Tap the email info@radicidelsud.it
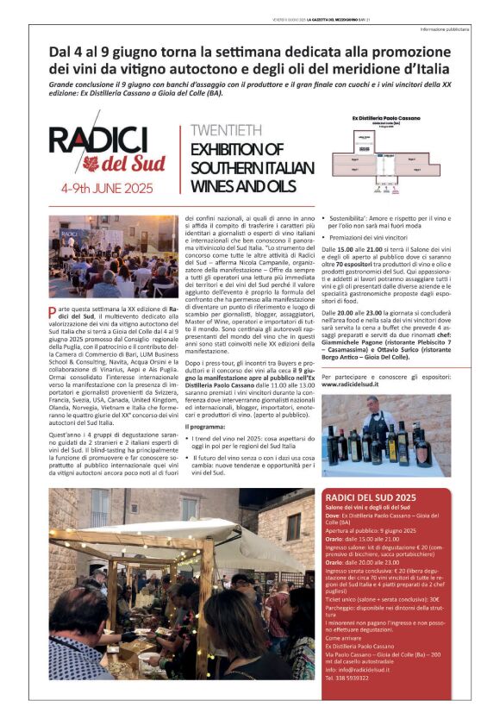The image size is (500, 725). pos(357,669)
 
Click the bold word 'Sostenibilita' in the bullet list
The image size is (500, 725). pos(349,220)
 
